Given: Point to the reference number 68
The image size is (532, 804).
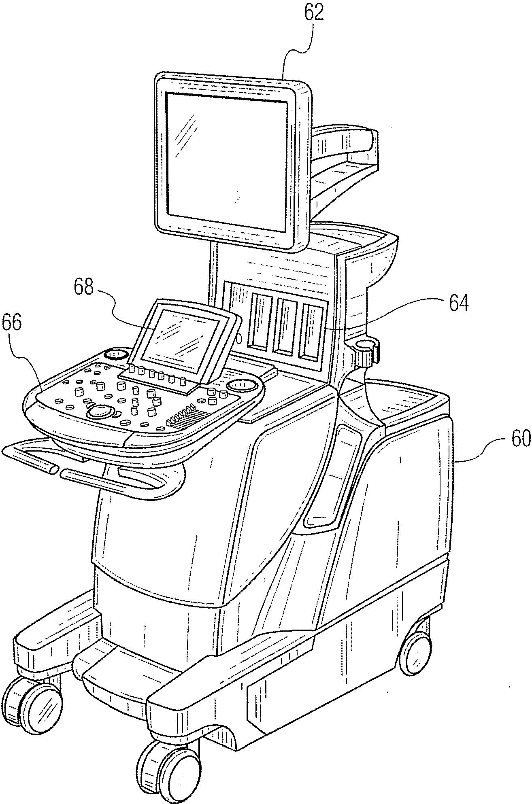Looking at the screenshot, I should click(84, 288).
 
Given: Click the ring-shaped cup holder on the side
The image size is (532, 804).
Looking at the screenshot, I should click(367, 346).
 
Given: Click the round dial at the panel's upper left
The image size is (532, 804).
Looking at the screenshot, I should click(116, 354).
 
